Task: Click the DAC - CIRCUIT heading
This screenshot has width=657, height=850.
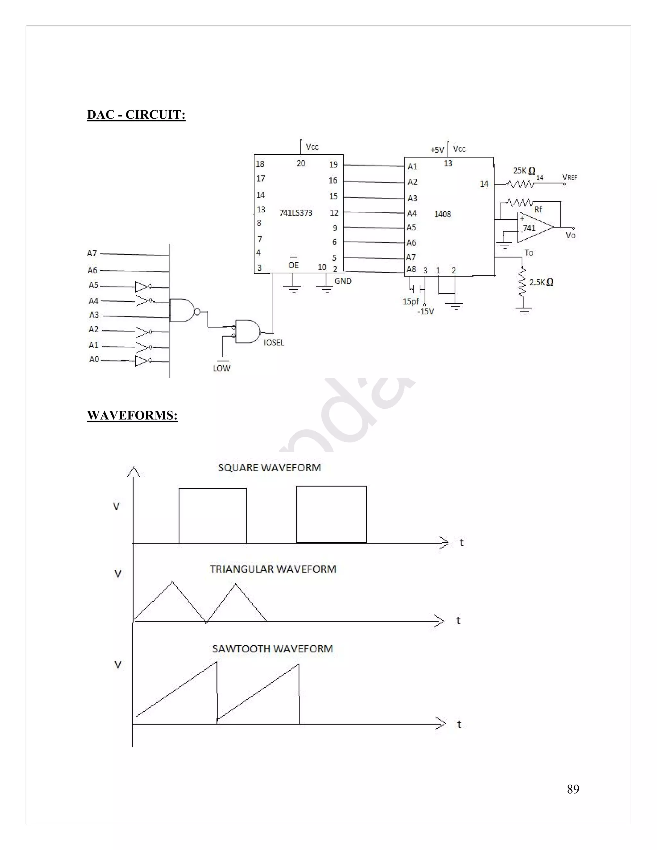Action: pos(136,115)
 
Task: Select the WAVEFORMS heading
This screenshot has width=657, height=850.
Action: pos(132,415)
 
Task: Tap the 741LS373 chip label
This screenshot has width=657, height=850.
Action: pos(296,213)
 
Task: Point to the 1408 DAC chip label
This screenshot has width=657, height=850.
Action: pos(442,214)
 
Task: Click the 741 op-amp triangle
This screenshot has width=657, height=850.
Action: pos(533,227)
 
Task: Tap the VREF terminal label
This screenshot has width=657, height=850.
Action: pos(570,177)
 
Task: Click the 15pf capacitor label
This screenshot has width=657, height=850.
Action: pos(411,301)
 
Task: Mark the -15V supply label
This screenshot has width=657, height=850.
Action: pos(425,311)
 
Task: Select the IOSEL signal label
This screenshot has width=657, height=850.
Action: pos(274,343)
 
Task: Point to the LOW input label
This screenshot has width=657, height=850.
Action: pos(221,368)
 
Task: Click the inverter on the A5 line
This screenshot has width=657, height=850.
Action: pos(142,287)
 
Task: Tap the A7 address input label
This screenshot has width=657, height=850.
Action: pos(92,253)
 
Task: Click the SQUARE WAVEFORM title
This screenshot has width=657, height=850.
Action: pos(269,467)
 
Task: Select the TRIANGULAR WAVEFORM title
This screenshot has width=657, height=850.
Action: pos(273,569)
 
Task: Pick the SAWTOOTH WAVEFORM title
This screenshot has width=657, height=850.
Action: pos(272,649)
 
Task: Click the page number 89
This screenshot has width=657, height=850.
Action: pos(573,789)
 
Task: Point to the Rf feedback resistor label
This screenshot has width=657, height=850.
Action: pos(538,209)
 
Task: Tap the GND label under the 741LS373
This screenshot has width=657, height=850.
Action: pos(343,281)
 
